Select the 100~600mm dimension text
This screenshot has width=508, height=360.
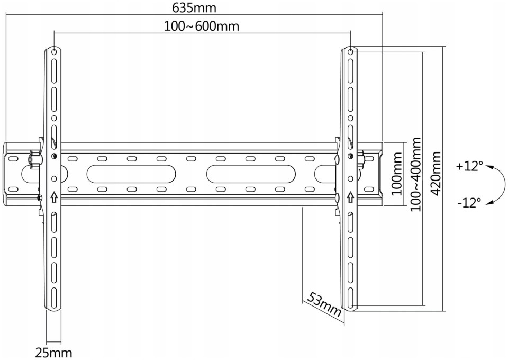tap(202, 26)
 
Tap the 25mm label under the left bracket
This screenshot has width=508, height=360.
tap(53, 353)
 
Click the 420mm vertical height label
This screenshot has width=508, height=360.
tap(436, 173)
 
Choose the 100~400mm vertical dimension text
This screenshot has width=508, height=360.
tap(416, 174)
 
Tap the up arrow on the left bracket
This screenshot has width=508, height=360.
tap(54, 197)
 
